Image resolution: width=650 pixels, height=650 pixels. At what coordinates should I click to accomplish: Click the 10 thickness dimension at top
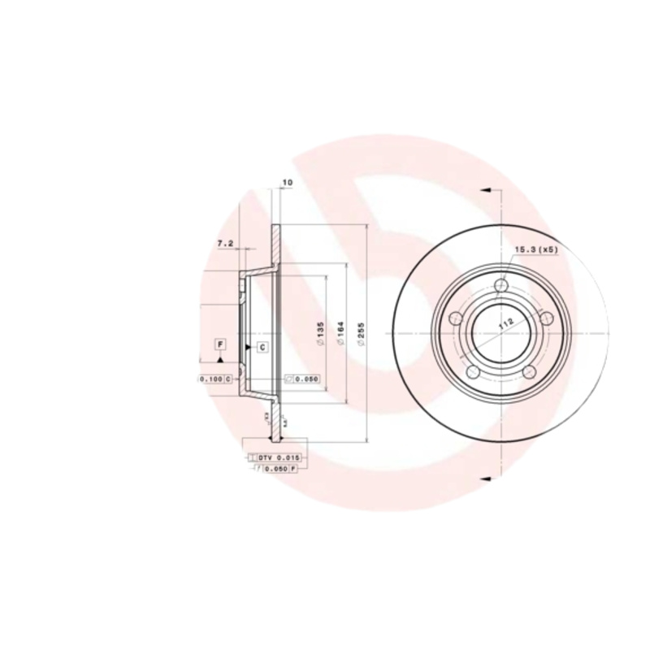(x=286, y=182)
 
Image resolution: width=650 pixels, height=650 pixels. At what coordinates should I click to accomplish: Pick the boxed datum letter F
(x=220, y=345)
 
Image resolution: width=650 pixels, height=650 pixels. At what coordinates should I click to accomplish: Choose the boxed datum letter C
(x=263, y=348)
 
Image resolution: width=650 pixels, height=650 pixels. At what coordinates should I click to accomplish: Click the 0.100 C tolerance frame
(x=215, y=379)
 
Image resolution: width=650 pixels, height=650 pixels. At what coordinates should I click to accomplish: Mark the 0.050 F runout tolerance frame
(x=276, y=470)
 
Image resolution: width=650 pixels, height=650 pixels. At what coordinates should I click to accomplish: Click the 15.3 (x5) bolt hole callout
(x=535, y=249)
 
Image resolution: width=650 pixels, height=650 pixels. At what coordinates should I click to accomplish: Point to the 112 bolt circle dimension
(x=507, y=322)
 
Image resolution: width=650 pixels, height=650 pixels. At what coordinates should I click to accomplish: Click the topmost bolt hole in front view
(x=502, y=285)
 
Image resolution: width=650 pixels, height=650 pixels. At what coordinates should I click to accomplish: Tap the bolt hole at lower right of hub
(x=531, y=371)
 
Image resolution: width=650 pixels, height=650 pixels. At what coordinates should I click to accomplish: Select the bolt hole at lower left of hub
(x=474, y=372)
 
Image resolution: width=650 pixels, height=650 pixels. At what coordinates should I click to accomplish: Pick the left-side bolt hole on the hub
(x=457, y=318)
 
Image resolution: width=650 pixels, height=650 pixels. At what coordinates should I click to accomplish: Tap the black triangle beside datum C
(x=249, y=348)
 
